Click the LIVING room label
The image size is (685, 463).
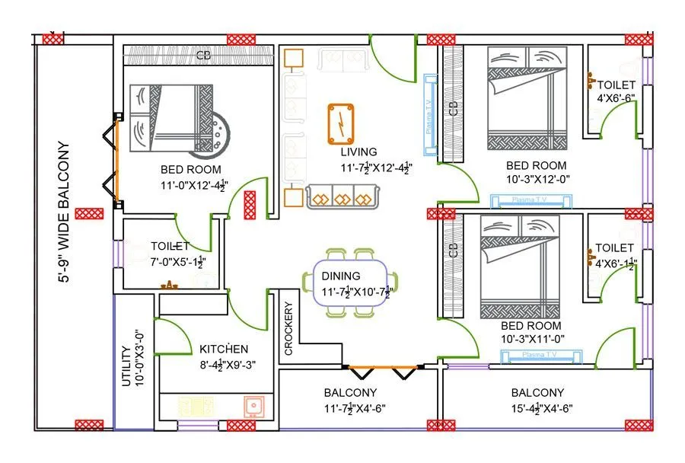[358, 152]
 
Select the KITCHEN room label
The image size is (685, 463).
[224, 349]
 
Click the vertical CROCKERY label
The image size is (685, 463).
[288, 329]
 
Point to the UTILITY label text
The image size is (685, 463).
[126, 368]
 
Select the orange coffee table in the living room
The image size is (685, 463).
[342, 123]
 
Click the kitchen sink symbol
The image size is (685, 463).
[253, 407]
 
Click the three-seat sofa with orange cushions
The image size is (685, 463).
[342, 197]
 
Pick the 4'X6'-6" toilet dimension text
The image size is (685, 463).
[616, 98]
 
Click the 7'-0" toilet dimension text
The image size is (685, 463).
[178, 262]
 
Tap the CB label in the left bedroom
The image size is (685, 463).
[203, 56]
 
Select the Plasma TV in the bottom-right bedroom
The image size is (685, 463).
[541, 355]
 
